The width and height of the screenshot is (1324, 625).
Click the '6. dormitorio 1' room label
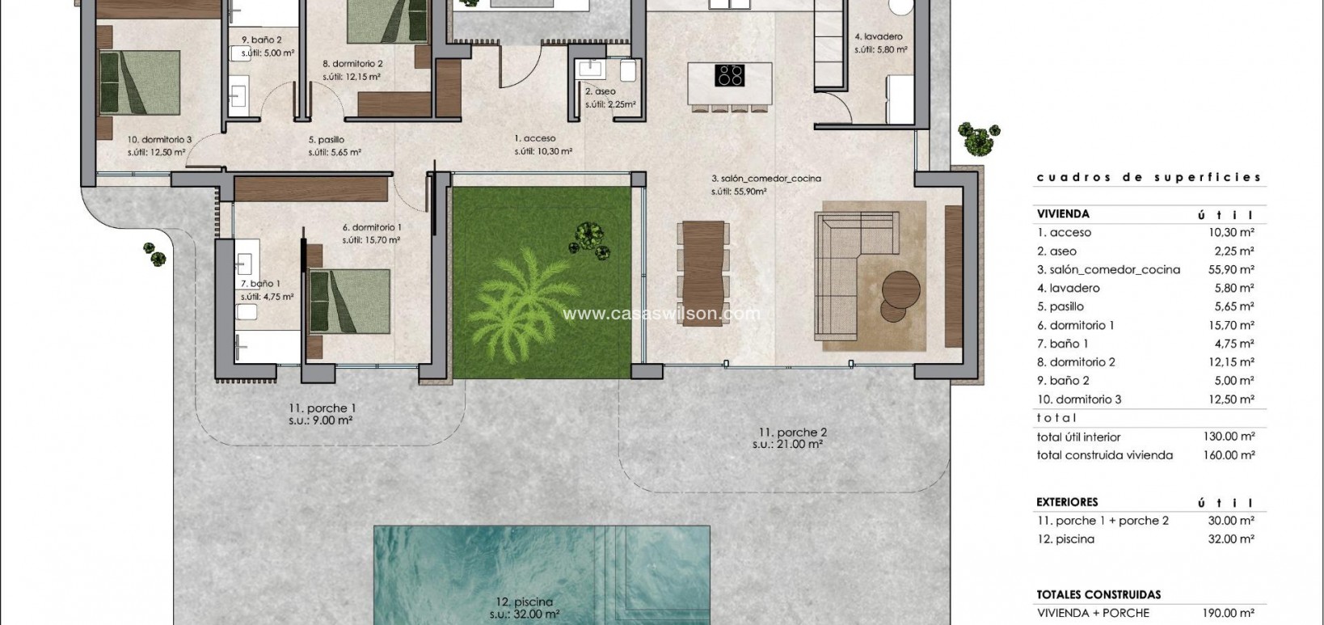coord(372,228)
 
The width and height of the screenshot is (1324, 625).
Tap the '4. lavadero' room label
coord(879,37)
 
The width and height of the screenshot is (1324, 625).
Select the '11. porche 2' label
coord(792,433)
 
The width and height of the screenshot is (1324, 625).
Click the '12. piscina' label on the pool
coord(525,602)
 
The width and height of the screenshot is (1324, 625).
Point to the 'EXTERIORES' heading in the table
coord(1067,502)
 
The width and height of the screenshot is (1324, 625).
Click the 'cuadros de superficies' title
coord(1149,177)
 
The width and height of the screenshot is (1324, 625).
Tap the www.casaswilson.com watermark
coord(661,314)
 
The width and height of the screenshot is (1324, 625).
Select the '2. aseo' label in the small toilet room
coord(600,92)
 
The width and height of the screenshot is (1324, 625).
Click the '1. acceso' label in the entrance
coord(534,139)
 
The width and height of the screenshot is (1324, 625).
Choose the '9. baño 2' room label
coord(261,40)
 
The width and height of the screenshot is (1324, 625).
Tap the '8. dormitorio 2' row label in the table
coord(1076,362)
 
